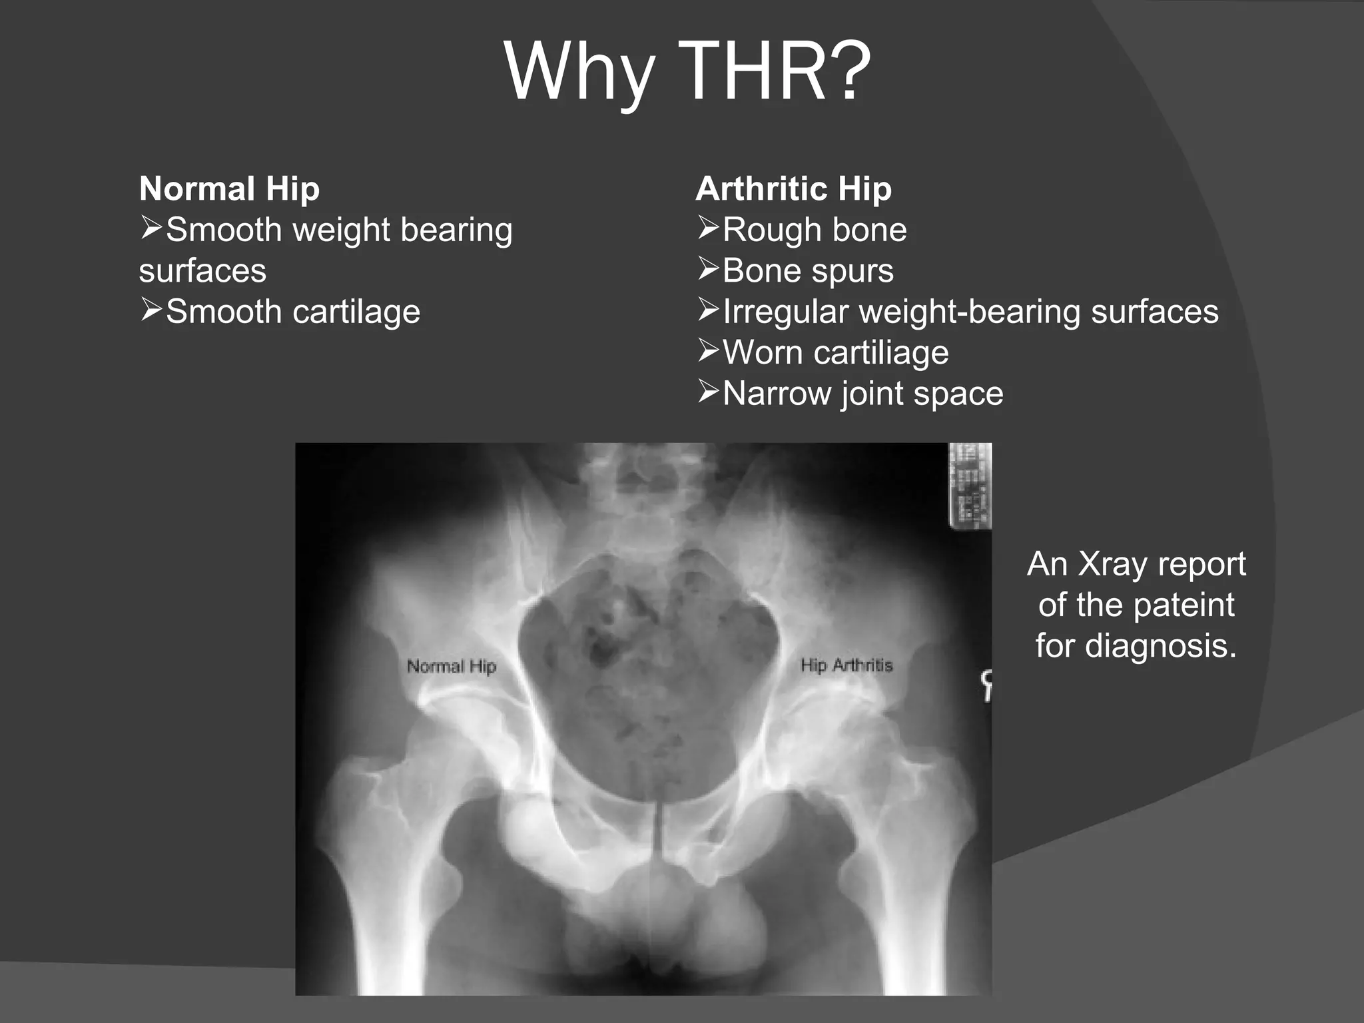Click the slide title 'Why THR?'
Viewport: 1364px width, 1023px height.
[x=687, y=71]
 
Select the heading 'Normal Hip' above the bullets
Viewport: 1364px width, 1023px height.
[x=229, y=188]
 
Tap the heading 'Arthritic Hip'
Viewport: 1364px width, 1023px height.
[x=793, y=188]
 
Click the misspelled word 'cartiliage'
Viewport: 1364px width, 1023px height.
[x=882, y=352]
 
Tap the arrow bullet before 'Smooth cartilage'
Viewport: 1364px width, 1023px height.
[x=151, y=310]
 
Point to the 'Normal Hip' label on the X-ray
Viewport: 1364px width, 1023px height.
[x=452, y=666]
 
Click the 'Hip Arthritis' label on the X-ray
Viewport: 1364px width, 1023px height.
[x=846, y=665]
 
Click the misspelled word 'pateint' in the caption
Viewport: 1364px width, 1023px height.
[x=1184, y=605]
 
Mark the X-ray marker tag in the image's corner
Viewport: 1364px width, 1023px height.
[x=970, y=486]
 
